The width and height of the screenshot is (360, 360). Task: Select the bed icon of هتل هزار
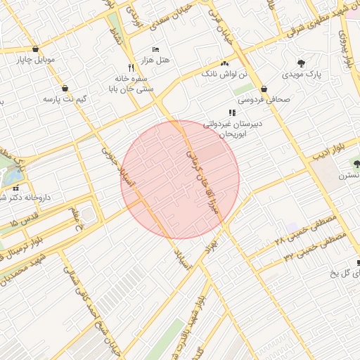point(156,49)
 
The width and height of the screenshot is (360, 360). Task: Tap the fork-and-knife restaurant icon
point(131,68)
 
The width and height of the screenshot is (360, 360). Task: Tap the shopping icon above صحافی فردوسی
point(264,89)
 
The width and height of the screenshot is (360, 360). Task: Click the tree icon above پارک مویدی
point(302,62)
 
